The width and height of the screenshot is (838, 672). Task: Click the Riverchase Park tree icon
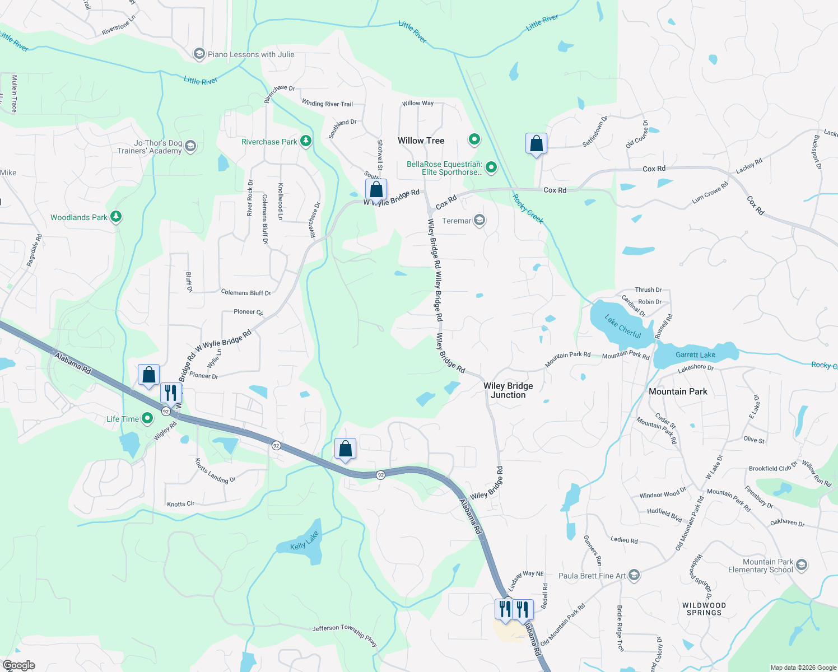click(306, 141)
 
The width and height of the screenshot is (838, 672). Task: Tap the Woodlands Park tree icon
click(116, 217)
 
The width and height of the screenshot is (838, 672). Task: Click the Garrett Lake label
click(695, 354)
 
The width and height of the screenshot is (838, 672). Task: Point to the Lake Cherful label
click(623, 326)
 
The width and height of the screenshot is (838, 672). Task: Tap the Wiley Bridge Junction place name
click(508, 390)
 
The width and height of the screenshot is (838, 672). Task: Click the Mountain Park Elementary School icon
click(802, 564)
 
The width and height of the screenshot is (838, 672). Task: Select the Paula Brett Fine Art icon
click(634, 575)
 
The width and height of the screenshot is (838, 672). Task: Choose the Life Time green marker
click(147, 418)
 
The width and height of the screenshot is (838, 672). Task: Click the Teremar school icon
click(479, 220)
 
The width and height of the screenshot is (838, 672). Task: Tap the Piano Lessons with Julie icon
click(199, 54)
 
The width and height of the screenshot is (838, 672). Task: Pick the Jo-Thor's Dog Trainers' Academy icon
click(190, 146)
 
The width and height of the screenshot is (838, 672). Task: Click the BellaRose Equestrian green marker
click(491, 167)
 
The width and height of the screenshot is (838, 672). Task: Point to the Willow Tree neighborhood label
click(421, 141)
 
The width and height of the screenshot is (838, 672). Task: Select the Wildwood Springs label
click(704, 609)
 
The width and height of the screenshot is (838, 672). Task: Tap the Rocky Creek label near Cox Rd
click(528, 209)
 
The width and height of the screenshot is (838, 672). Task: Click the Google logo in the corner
click(19, 665)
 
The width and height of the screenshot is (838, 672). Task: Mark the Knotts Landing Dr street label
click(215, 471)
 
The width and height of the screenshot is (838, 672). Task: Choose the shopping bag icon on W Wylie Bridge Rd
click(376, 190)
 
